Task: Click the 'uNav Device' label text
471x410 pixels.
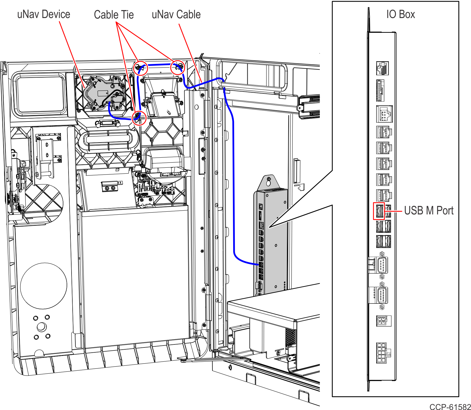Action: [43, 14]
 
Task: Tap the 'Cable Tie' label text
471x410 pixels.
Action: [114, 15]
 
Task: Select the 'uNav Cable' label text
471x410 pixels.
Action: [176, 14]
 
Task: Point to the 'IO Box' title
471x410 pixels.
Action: [401, 14]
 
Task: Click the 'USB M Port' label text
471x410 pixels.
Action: [429, 211]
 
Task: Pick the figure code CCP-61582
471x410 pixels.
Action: [450, 407]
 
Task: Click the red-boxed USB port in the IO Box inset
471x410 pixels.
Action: [379, 211]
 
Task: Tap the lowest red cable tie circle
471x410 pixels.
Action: [139, 118]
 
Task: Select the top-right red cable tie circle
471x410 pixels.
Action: [178, 67]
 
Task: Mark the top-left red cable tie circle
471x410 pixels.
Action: [140, 68]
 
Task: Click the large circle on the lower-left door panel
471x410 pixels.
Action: [44, 286]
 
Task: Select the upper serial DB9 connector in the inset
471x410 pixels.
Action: [382, 265]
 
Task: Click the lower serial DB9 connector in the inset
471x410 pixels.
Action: [382, 295]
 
